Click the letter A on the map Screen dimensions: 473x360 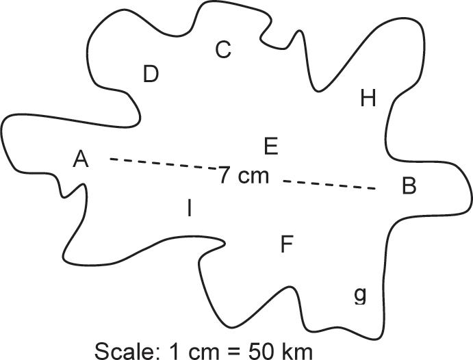point(81,159)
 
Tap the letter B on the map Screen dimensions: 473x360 point(409,185)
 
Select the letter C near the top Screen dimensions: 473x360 point(223,50)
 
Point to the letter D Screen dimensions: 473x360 point(151,74)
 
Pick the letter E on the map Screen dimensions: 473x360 point(270,146)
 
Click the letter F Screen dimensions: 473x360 point(287,244)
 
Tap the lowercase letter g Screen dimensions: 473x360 point(360,295)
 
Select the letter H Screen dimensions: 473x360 point(368,99)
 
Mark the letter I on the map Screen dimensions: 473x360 point(189,209)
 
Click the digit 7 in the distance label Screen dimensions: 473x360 point(225,175)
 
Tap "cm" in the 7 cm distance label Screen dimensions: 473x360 point(253,176)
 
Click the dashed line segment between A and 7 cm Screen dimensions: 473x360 point(163,164)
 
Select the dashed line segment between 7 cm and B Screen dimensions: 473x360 point(329,184)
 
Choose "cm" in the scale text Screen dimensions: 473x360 point(205,352)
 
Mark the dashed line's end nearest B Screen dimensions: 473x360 point(374,188)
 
